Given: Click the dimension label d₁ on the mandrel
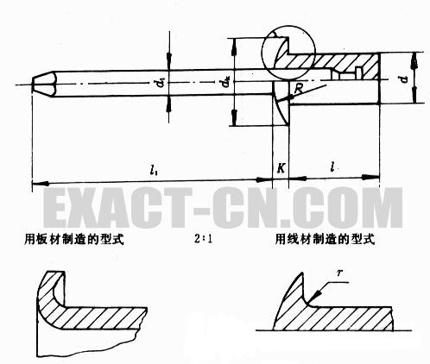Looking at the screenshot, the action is pyautogui.click(x=162, y=83).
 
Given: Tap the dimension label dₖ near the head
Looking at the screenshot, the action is pyautogui.click(x=226, y=83).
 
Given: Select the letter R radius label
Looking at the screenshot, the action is pyautogui.click(x=299, y=89).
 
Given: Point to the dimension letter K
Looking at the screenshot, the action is pyautogui.click(x=281, y=168).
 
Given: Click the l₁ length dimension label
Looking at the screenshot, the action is pyautogui.click(x=153, y=171).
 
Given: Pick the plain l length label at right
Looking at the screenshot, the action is pyautogui.click(x=332, y=166).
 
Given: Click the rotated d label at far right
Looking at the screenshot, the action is pyautogui.click(x=404, y=79).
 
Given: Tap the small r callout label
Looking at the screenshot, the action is pyautogui.click(x=339, y=273).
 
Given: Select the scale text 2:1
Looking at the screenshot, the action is pyautogui.click(x=203, y=239).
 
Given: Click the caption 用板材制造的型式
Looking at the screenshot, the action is pyautogui.click(x=74, y=239).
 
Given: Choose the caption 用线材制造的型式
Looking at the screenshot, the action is pyautogui.click(x=325, y=239).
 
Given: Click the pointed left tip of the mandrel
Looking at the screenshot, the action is pyautogui.click(x=32, y=85).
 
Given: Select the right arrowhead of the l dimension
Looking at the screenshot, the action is pyautogui.click(x=373, y=177).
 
